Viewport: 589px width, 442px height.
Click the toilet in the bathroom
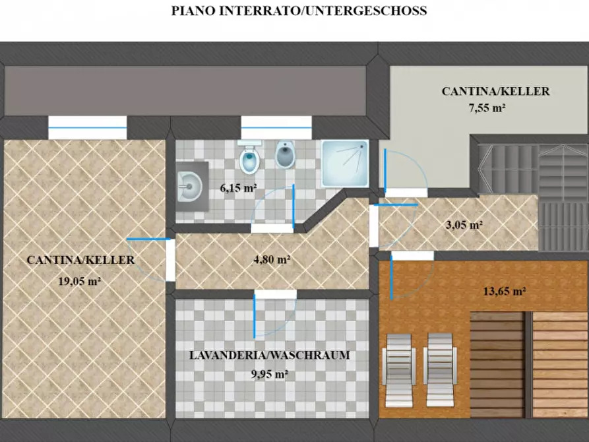(x=249, y=158)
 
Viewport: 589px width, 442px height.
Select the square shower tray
(x=345, y=162)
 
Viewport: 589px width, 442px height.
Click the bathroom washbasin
(x=190, y=187)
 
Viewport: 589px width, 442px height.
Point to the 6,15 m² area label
(x=238, y=188)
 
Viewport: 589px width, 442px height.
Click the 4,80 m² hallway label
(x=272, y=259)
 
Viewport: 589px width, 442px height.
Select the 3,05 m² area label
(x=465, y=224)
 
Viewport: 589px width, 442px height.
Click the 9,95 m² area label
(x=269, y=374)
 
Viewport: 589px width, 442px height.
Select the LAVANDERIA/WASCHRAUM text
(x=269, y=355)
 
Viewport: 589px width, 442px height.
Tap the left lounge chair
(x=399, y=368)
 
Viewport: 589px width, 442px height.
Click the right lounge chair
(x=440, y=368)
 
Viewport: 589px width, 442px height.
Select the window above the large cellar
(x=87, y=127)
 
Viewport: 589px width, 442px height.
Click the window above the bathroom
(x=276, y=127)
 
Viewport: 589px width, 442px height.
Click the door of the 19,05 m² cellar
(x=170, y=259)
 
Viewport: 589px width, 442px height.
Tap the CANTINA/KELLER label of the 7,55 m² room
(x=495, y=92)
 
